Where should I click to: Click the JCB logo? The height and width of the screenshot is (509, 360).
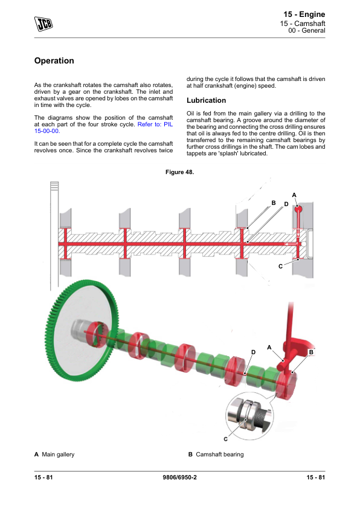pos(43,24)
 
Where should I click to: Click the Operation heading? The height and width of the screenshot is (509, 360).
pos(54,60)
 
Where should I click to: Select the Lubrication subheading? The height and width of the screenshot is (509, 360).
pos(206,100)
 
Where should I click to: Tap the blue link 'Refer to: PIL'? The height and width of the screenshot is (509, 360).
pos(155,125)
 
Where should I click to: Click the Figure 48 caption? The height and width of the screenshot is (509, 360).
pos(179,172)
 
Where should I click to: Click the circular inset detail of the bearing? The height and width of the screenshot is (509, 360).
pos(249,416)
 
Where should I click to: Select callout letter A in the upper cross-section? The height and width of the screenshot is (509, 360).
pos(294,195)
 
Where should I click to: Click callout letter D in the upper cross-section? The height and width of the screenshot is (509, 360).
pos(286,204)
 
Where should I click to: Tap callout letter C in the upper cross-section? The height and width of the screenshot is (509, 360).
pos(280,266)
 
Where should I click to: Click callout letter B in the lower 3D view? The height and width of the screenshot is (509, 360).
pos(311,352)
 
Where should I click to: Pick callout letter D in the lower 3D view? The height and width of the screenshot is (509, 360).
pos(253,352)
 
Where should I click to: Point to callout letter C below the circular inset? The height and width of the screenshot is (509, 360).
pos(226,439)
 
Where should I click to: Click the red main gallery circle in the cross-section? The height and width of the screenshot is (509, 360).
pos(298,209)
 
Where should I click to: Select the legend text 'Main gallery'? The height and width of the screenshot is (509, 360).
pos(58,455)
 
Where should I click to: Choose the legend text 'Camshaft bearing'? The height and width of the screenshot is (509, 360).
pos(220,455)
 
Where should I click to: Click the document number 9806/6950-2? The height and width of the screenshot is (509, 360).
pos(179,477)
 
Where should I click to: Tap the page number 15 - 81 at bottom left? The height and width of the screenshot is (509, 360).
pos(43,477)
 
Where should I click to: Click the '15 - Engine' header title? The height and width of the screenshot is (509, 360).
pos(304,15)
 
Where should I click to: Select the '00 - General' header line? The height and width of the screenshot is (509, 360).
pos(306,30)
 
